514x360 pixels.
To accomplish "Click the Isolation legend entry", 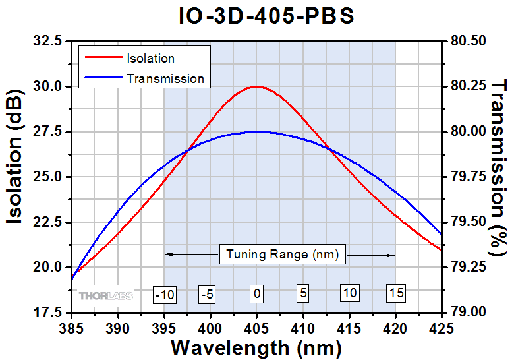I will tap(150, 59).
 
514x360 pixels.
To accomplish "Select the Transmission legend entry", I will tap(165, 78).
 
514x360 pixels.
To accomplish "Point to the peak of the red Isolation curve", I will tap(256, 86).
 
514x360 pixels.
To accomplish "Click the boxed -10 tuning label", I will tap(164, 294).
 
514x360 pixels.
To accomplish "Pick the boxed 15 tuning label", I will tap(395, 293).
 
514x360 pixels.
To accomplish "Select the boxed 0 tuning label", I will tap(256, 294).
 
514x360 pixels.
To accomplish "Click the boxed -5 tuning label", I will tap(207, 294).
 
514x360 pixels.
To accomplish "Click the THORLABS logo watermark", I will tap(106, 295).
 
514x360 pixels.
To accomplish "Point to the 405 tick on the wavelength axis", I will tap(256, 326).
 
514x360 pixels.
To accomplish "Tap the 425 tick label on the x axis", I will tap(441, 326).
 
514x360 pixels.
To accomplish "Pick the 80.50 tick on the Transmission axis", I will tap(468, 41).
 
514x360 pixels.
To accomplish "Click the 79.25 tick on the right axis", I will tap(468, 267).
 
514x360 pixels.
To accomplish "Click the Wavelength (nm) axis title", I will tap(256, 347).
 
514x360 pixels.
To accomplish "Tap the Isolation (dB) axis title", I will tap(17, 175).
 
